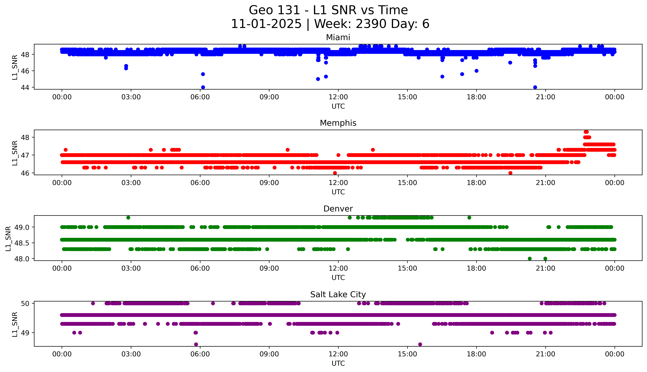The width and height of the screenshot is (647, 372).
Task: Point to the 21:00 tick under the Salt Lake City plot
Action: (x=545, y=354)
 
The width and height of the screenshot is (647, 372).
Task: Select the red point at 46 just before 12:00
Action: (x=335, y=173)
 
